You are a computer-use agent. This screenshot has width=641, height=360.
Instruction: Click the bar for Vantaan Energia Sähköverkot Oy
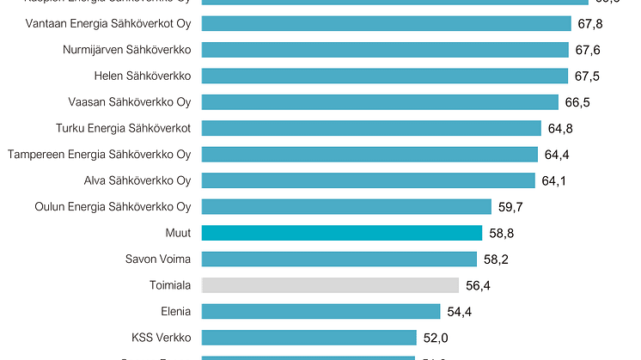pyautogui.click(x=386, y=23)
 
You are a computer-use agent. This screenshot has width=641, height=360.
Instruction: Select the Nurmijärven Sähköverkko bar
pyautogui.click(x=384, y=50)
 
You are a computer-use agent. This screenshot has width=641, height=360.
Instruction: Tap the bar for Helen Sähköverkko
pyautogui.click(x=384, y=76)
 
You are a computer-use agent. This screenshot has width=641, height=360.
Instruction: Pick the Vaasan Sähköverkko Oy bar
pyautogui.click(x=379, y=102)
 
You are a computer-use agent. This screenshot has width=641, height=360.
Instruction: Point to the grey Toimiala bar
pyautogui.click(x=329, y=285)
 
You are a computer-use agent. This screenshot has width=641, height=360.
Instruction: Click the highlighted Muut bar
pyautogui.click(x=341, y=233)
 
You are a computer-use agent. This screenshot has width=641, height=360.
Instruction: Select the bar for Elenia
pyautogui.click(x=320, y=311)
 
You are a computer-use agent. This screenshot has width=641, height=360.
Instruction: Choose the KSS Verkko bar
pyautogui.click(x=308, y=338)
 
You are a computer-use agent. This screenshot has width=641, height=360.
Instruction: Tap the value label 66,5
pyautogui.click(x=578, y=103)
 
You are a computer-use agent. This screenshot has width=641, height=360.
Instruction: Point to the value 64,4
pyautogui.click(x=558, y=156)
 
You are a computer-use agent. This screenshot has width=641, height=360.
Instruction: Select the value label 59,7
pyautogui.click(x=510, y=207)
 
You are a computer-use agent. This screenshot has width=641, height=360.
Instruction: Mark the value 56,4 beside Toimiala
pyautogui.click(x=478, y=285)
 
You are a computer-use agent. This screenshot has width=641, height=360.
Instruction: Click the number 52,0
pyautogui.click(x=436, y=338)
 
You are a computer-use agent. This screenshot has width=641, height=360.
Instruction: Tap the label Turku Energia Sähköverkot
pyautogui.click(x=129, y=128)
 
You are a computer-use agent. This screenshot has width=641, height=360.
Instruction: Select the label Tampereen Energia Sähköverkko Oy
pyautogui.click(x=99, y=155)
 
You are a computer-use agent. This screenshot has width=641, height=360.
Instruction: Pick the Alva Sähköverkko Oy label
pyautogui.click(x=137, y=180)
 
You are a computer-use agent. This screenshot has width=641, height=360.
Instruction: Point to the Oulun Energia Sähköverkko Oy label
pyautogui.click(x=113, y=207)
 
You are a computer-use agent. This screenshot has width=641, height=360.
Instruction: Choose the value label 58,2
pyautogui.click(x=497, y=259)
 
